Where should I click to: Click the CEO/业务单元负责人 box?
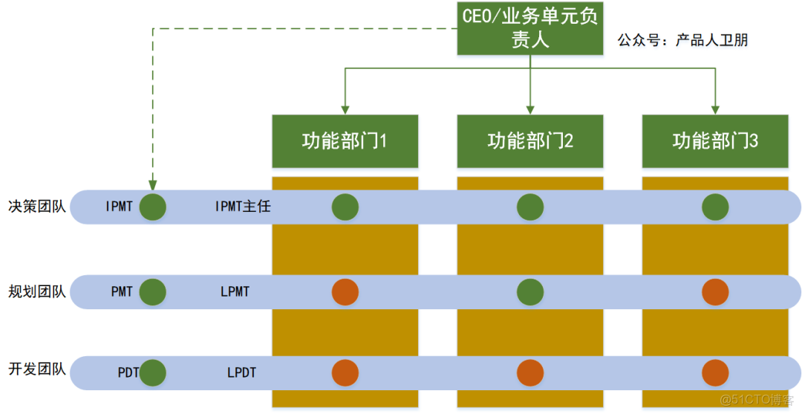529,28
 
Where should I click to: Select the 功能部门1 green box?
345,141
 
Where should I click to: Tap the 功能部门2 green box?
529,141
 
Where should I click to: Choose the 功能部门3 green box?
714,141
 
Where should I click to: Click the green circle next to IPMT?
152,207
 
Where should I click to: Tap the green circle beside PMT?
152,292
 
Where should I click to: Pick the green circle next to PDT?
152,372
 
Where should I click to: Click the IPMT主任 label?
242,207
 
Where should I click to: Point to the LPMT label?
235,292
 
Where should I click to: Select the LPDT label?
241,372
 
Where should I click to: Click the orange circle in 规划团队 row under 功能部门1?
345,292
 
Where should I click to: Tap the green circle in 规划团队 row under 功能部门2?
529,292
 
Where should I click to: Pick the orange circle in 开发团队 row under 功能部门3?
714,372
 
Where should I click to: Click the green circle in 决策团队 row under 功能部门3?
714,207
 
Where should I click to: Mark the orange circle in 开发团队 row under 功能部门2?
529,372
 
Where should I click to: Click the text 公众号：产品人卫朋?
682,40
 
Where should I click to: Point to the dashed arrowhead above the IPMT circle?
152,185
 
